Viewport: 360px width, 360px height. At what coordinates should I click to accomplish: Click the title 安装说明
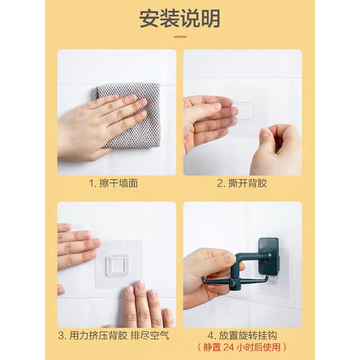180,18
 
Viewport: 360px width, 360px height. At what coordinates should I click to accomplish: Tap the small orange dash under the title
180,36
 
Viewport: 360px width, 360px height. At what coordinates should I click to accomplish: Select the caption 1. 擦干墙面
113,184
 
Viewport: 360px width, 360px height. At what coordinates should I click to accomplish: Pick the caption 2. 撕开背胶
242,184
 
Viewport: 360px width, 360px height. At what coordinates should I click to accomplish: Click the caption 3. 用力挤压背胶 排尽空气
114,336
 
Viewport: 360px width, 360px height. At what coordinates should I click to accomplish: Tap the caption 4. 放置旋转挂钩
242,336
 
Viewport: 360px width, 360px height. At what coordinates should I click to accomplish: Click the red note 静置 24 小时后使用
242,347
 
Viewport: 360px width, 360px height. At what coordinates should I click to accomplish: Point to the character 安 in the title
149,18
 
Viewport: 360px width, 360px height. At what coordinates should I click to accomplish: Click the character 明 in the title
211,18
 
